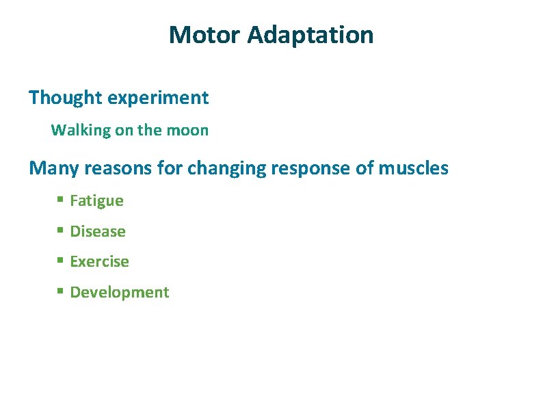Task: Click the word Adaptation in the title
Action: [310, 34]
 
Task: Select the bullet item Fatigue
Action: [96, 201]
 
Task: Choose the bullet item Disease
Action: [98, 231]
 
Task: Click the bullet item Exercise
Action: [99, 261]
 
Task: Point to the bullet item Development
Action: [119, 292]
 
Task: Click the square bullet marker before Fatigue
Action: [60, 200]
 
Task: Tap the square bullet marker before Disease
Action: [60, 231]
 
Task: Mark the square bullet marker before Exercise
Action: [60, 261]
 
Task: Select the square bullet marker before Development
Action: [60, 291]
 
